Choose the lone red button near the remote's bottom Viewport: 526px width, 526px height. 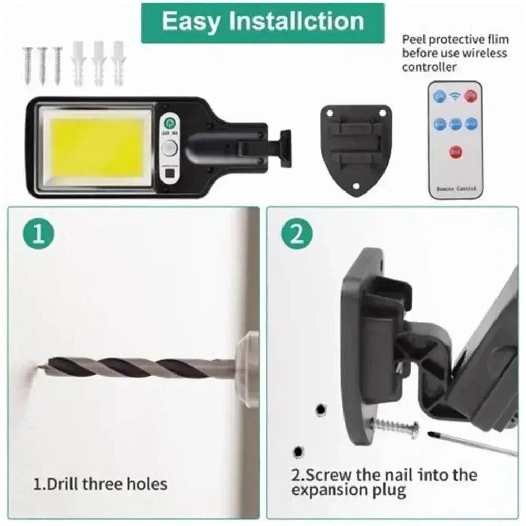pyautogui.click(x=456, y=153)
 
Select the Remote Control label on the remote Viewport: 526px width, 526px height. pyautogui.click(x=455, y=188)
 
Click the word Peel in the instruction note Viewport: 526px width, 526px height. pyautogui.click(x=413, y=39)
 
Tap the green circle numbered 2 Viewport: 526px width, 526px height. pyautogui.click(x=297, y=235)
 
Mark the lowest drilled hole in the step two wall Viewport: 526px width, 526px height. pyautogui.click(x=298, y=451)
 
